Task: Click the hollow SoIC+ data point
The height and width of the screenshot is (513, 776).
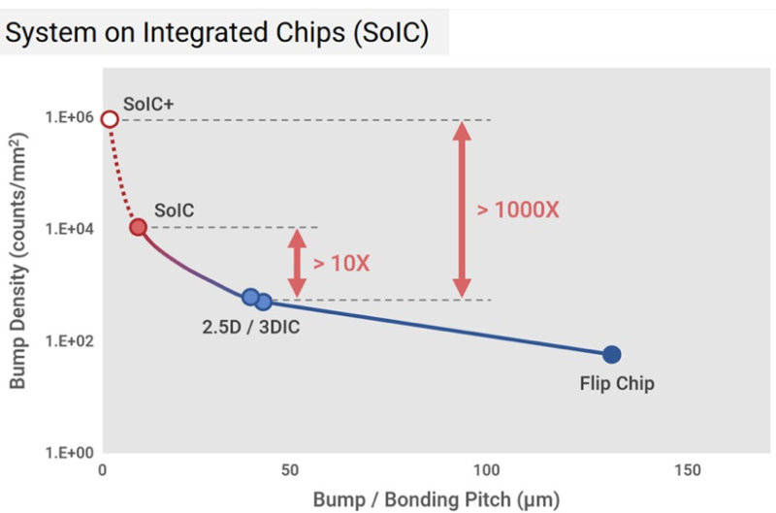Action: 110,119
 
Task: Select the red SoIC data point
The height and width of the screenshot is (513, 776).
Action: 138,227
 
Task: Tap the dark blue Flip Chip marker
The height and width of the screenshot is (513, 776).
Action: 611,355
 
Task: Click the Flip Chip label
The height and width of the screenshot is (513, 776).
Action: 616,384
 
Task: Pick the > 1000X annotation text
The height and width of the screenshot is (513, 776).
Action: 518,209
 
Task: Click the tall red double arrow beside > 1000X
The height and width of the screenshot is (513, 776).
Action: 462,209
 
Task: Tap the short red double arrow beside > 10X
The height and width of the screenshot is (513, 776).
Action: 298,262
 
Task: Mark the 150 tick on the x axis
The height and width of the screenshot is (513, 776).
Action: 687,470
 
